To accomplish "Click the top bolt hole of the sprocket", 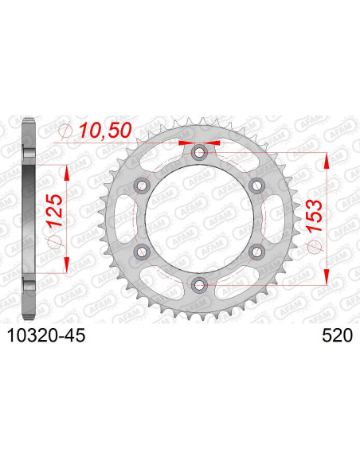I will click(198, 152).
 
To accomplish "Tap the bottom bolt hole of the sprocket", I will click(198, 283).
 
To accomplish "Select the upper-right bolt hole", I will click(256, 185).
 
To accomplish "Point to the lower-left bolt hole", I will click(143, 251).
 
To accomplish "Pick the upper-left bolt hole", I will click(143, 185).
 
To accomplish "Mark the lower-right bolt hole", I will click(256, 251).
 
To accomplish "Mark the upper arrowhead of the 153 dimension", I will click(326, 157).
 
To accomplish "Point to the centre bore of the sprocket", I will click(199, 218).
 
